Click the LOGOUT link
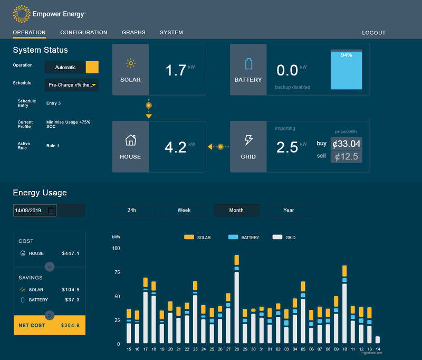pos(373,33)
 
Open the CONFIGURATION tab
pos(84,32)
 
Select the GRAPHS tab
pos(133,32)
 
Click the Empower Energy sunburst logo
pos(22,14)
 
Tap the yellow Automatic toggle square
pos(92,68)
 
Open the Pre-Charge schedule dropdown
pos(72,85)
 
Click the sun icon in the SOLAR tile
pos(130,63)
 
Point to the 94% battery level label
pos(347,55)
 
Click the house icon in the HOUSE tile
pos(130,140)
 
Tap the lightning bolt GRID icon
pos(248,140)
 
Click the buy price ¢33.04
pos(347,144)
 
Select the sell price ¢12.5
pos(347,156)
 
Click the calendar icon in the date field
pos(51,210)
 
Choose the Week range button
pos(184,210)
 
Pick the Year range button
pos(289,210)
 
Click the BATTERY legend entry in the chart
pos(244,237)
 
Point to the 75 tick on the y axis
pos(117,272)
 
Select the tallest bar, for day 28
pos(236,299)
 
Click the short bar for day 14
pos(378,339)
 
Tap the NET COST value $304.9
pos(70,325)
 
